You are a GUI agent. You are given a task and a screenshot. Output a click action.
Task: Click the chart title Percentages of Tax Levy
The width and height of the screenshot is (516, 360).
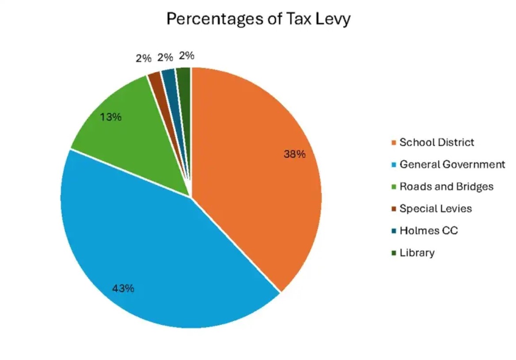pyautogui.click(x=258, y=19)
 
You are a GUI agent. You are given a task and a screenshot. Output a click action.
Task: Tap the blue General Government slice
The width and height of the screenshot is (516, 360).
pyautogui.click(x=146, y=247)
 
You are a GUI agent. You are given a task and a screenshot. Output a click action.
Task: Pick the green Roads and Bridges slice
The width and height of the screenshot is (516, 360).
pyautogui.click(x=133, y=133)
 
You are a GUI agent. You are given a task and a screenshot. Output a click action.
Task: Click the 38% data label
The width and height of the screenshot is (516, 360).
pyautogui.click(x=294, y=154)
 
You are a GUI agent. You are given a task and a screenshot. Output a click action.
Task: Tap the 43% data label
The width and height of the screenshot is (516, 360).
pyautogui.click(x=123, y=288)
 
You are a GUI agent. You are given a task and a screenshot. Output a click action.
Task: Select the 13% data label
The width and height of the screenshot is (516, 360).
pyautogui.click(x=110, y=117)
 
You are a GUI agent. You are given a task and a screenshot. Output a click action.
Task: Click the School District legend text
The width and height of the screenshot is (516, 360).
pyautogui.click(x=436, y=142)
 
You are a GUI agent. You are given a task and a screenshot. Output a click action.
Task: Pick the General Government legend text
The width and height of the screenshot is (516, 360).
pyautogui.click(x=452, y=164)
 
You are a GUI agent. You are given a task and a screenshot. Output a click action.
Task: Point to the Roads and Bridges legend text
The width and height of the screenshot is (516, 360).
pyautogui.click(x=446, y=186)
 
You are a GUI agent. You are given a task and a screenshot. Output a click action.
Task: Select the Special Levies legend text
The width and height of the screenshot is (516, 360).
pyautogui.click(x=436, y=208)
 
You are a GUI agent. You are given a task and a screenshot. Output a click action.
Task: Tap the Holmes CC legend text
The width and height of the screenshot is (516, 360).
pyautogui.click(x=429, y=231)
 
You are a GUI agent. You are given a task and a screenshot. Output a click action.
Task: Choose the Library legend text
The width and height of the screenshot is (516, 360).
pyautogui.click(x=417, y=253)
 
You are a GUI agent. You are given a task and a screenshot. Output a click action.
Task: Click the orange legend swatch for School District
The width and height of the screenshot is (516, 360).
pyautogui.click(x=394, y=143)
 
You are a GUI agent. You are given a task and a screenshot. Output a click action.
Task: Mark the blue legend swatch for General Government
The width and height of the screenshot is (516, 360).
pyautogui.click(x=394, y=165)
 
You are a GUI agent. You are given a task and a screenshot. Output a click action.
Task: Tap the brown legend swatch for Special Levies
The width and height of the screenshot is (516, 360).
pyautogui.click(x=394, y=209)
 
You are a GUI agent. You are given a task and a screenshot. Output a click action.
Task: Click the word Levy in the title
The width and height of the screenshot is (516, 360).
pyautogui.click(x=335, y=19)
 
